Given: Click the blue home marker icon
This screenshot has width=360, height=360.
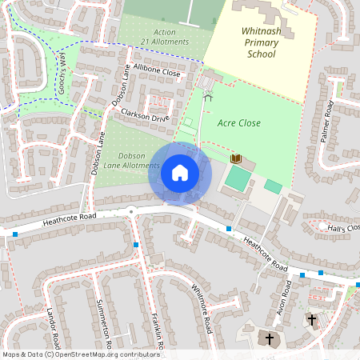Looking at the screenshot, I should click(180, 172).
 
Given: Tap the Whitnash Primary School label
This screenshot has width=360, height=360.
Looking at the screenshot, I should click(250, 42).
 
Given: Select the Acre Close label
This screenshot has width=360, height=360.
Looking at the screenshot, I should click(239, 123).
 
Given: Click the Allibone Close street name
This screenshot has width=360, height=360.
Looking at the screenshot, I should click(158, 71).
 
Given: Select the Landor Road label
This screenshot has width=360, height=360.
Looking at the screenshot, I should click(54, 329).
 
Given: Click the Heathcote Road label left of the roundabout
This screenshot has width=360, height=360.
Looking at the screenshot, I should click(70, 217).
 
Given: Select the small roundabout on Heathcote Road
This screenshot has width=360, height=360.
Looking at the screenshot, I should click(130, 211).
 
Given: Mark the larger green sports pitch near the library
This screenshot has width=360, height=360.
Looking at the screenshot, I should click(237, 178).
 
